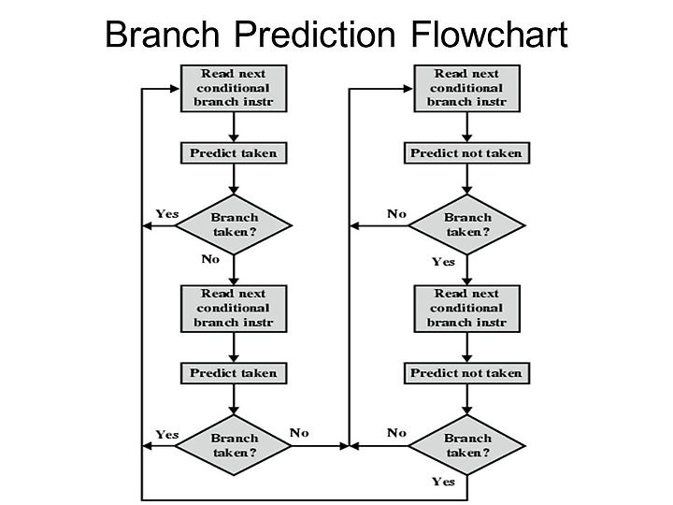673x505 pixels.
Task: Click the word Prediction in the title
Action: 315,34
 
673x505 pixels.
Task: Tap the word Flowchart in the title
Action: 489,34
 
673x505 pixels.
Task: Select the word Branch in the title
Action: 163,34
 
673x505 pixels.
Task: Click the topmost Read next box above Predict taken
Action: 234,89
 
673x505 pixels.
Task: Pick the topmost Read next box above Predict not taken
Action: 467,89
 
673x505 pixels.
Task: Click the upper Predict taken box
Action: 234,153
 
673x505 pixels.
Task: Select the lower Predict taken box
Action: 234,373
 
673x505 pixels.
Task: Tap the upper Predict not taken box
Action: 467,153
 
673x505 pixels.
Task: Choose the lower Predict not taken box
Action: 467,373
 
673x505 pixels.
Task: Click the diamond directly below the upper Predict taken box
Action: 234,225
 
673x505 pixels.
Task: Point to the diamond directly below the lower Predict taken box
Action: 234,445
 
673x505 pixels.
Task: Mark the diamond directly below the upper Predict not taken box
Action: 467,225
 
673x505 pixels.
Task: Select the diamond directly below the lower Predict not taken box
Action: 467,445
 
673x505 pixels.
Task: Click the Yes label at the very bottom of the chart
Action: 443,482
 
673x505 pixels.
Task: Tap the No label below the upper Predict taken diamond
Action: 210,259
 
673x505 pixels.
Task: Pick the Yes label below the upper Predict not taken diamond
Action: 443,262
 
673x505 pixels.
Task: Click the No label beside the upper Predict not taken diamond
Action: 396,213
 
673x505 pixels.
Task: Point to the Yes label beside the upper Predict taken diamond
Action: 167,213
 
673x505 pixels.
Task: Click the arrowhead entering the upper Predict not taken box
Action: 467,137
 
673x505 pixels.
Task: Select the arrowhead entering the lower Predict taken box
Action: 234,358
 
